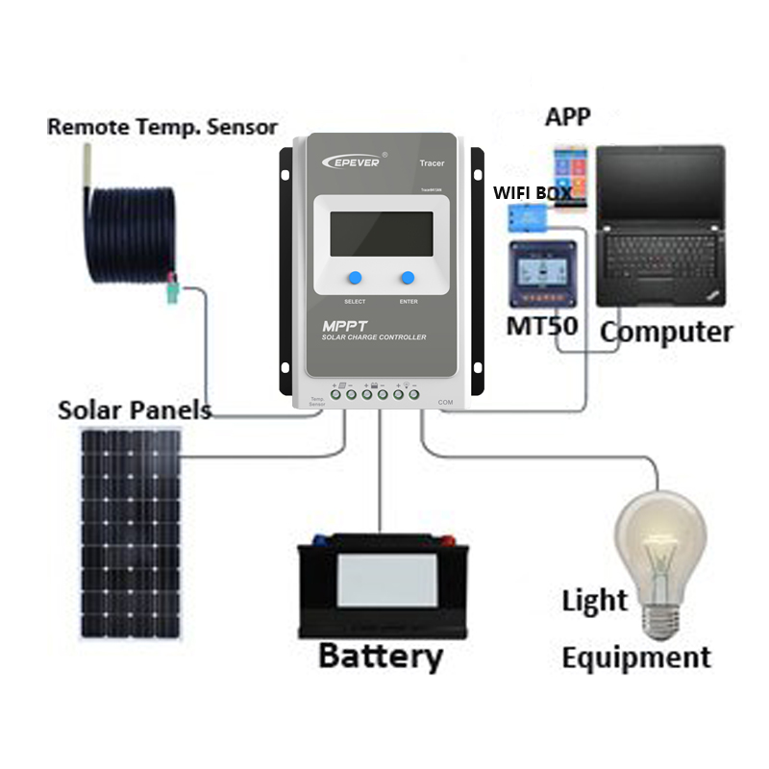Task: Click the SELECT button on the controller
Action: [x=355, y=278]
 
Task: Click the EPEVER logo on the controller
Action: [x=352, y=161]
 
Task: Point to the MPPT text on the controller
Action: [x=344, y=325]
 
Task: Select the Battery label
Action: [x=380, y=657]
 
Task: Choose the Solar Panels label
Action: [x=135, y=409]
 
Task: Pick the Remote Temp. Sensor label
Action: [x=162, y=126]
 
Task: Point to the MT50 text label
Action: [x=542, y=325]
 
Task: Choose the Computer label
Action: [x=666, y=333]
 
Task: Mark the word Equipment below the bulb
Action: [x=636, y=658]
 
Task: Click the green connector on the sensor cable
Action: [x=174, y=290]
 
